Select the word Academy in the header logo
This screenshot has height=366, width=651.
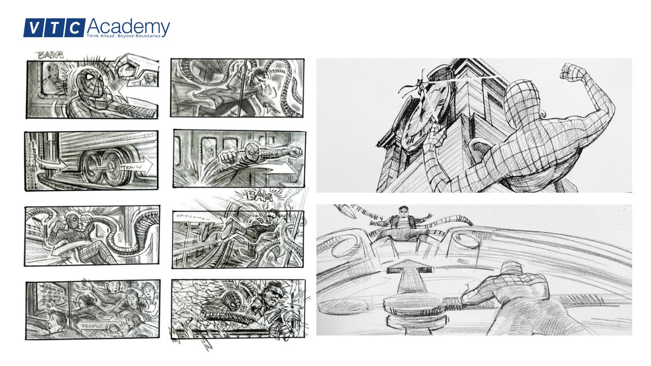tap(128, 26)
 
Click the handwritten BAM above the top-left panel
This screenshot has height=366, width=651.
tap(50, 55)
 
